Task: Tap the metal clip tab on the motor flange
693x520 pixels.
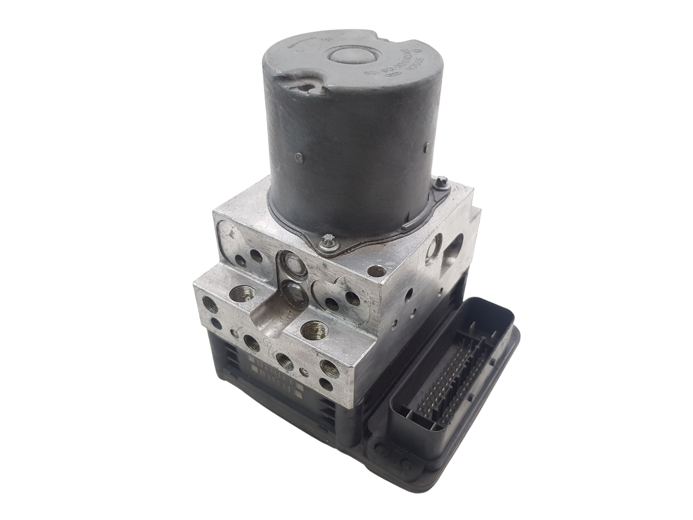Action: point(407,225)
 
